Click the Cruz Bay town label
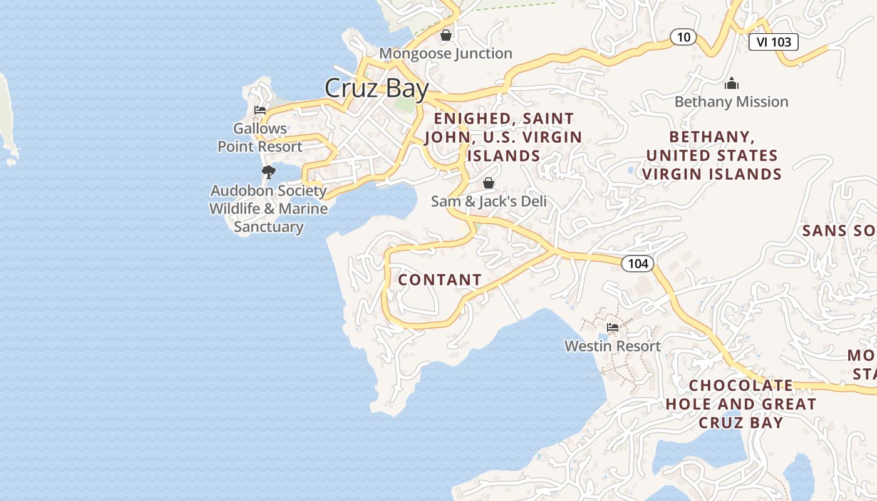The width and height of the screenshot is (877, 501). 376,88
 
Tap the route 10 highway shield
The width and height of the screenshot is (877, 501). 683,37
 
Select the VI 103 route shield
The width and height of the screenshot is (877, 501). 773,42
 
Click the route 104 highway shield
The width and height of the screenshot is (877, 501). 638,264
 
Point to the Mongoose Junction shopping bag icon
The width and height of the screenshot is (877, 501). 446,35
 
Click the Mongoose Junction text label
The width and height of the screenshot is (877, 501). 445,54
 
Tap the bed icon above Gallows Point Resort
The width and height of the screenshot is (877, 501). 260,110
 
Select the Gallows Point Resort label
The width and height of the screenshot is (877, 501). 260,138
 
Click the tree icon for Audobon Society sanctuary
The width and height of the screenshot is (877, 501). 269,172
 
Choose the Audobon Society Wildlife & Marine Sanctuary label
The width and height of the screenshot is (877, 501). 269,209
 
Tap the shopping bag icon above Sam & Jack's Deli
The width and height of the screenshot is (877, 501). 489,183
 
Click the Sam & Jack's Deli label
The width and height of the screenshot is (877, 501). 489,202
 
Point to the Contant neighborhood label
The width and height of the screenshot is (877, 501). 440,280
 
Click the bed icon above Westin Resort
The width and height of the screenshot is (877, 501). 613,328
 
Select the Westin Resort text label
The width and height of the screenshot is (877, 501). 613,346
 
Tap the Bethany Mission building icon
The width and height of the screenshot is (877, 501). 731,83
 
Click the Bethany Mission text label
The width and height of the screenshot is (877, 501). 731,102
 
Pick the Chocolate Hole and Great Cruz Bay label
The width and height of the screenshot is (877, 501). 741,404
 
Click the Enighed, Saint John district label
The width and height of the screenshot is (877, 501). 504,137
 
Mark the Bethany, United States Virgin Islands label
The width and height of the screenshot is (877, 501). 712,155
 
